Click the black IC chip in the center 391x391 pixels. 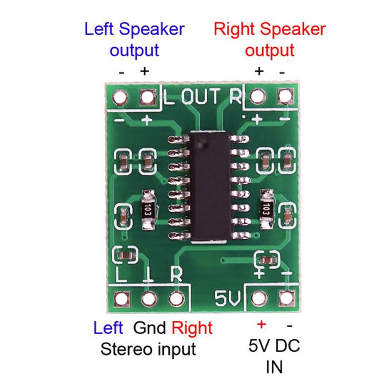(x=210, y=187)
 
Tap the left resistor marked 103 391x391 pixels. (x=148, y=210)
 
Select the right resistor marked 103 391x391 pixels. (x=267, y=209)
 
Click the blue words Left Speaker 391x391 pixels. (x=135, y=29)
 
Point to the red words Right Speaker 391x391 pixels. (x=270, y=29)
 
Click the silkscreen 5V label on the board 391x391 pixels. (x=228, y=298)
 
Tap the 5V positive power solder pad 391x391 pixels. (x=259, y=298)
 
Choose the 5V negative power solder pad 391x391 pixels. (x=286, y=298)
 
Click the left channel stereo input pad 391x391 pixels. (x=122, y=298)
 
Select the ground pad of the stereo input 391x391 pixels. (x=149, y=298)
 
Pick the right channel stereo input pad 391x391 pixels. (x=177, y=298)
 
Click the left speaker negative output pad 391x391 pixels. (x=120, y=97)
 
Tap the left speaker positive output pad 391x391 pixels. (x=147, y=97)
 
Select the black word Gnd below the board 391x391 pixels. (x=149, y=328)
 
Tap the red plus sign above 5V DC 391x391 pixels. (x=261, y=325)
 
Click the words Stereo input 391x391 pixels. (x=148, y=349)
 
